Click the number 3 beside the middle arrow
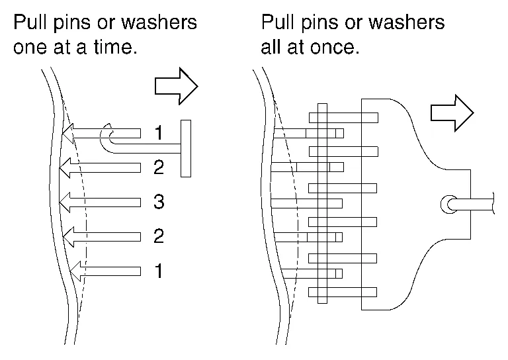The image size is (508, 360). point(158,202)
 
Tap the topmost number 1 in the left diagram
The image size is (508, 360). point(158,133)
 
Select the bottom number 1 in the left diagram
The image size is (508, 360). point(158,270)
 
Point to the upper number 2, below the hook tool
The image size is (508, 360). point(158,167)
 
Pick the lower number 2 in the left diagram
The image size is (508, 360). point(158,236)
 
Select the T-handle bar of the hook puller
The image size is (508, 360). point(186,148)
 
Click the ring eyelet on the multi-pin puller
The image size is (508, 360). point(448,204)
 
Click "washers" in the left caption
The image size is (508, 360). point(160,22)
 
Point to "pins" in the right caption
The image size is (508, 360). point(322,22)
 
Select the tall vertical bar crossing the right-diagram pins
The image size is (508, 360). point(322,202)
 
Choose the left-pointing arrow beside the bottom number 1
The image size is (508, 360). point(106,269)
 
